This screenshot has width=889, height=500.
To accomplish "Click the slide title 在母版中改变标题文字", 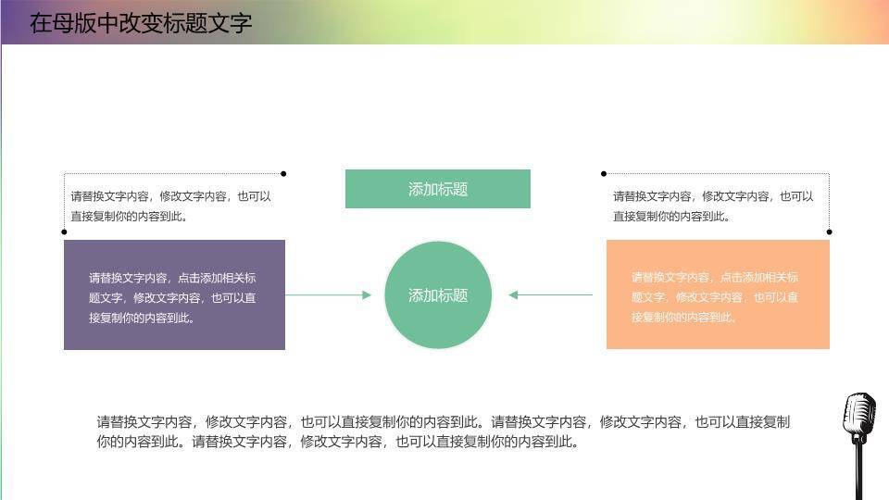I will (x=141, y=23).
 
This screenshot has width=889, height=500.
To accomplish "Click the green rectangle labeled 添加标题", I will (x=437, y=189).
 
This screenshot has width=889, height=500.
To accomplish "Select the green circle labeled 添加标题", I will (x=438, y=295).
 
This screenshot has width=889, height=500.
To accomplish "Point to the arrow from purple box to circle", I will (x=328, y=295).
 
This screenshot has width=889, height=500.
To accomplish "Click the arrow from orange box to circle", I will (x=551, y=295).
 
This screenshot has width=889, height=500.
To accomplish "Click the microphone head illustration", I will (x=858, y=417).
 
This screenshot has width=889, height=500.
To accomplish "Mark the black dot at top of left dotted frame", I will (x=283, y=173).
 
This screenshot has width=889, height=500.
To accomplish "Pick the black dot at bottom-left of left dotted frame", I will (x=64, y=231).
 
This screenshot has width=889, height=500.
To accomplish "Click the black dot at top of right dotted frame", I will (x=604, y=173).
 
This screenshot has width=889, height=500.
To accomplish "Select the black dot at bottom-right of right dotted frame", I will (x=829, y=231).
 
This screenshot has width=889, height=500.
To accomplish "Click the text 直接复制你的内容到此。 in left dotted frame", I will (x=131, y=217).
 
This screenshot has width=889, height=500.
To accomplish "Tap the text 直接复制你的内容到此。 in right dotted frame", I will (x=672, y=217).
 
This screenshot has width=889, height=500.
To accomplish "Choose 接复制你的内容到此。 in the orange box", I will (x=684, y=318).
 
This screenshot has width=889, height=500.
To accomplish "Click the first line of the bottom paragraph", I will (x=443, y=422).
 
